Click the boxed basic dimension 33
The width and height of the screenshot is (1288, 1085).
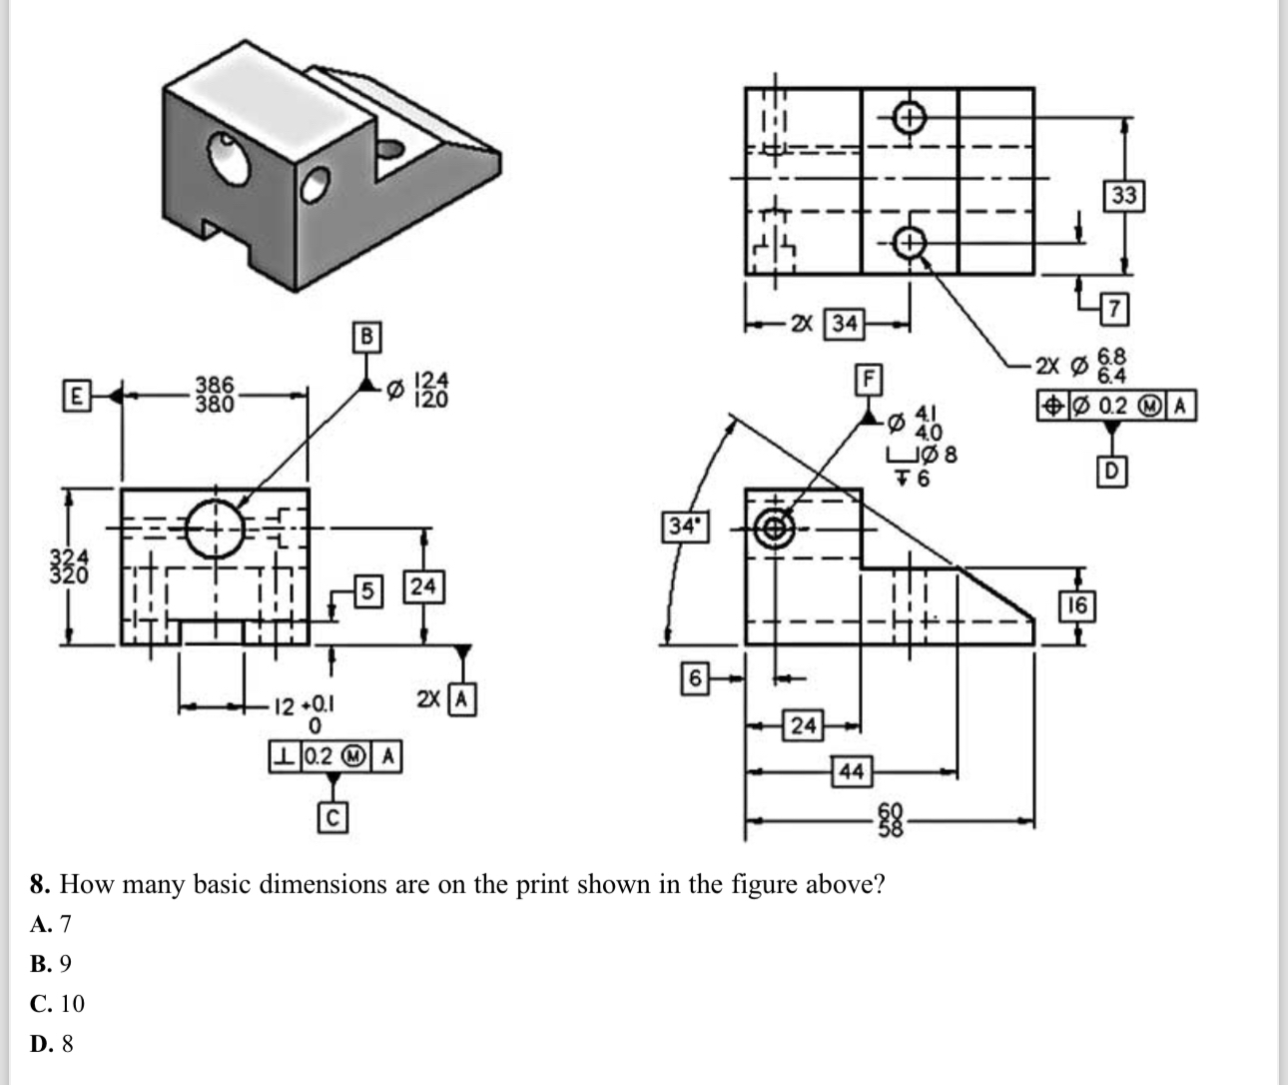[x=1123, y=196]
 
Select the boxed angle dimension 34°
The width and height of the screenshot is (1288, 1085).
[x=684, y=527]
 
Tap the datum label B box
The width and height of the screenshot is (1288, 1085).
[x=366, y=337]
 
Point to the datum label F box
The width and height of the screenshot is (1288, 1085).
[x=869, y=380]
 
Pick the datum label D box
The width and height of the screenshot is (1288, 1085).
[x=1111, y=470]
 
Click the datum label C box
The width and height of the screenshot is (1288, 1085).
[x=332, y=818]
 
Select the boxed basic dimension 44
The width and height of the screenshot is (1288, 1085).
[x=851, y=771]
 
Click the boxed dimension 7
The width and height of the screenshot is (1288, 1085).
[x=1115, y=309]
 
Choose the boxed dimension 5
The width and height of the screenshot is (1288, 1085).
[x=367, y=590]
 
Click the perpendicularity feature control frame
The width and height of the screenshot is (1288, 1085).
[x=335, y=757]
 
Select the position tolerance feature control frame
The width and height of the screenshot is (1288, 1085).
[x=1115, y=406]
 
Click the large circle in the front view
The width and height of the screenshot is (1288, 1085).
[x=214, y=528]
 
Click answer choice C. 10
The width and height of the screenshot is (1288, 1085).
[x=58, y=1003]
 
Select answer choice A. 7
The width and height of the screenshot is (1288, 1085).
[x=52, y=923]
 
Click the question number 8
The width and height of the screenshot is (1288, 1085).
[x=39, y=884]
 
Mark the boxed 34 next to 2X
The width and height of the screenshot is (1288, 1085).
[x=845, y=324]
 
